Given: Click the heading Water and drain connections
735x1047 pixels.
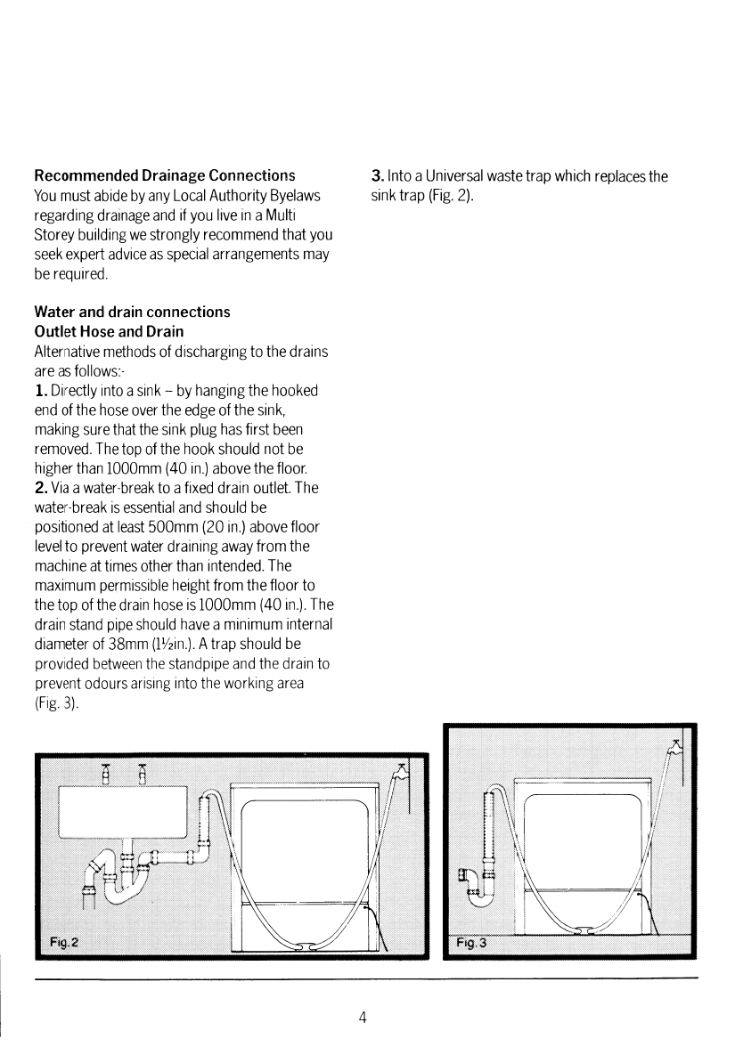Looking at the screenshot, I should click(x=132, y=312).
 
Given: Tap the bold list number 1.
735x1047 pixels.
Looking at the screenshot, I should click(x=39, y=392).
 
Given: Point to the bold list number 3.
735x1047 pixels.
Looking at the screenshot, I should click(x=377, y=176).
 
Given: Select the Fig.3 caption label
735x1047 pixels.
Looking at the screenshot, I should click(x=471, y=942).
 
